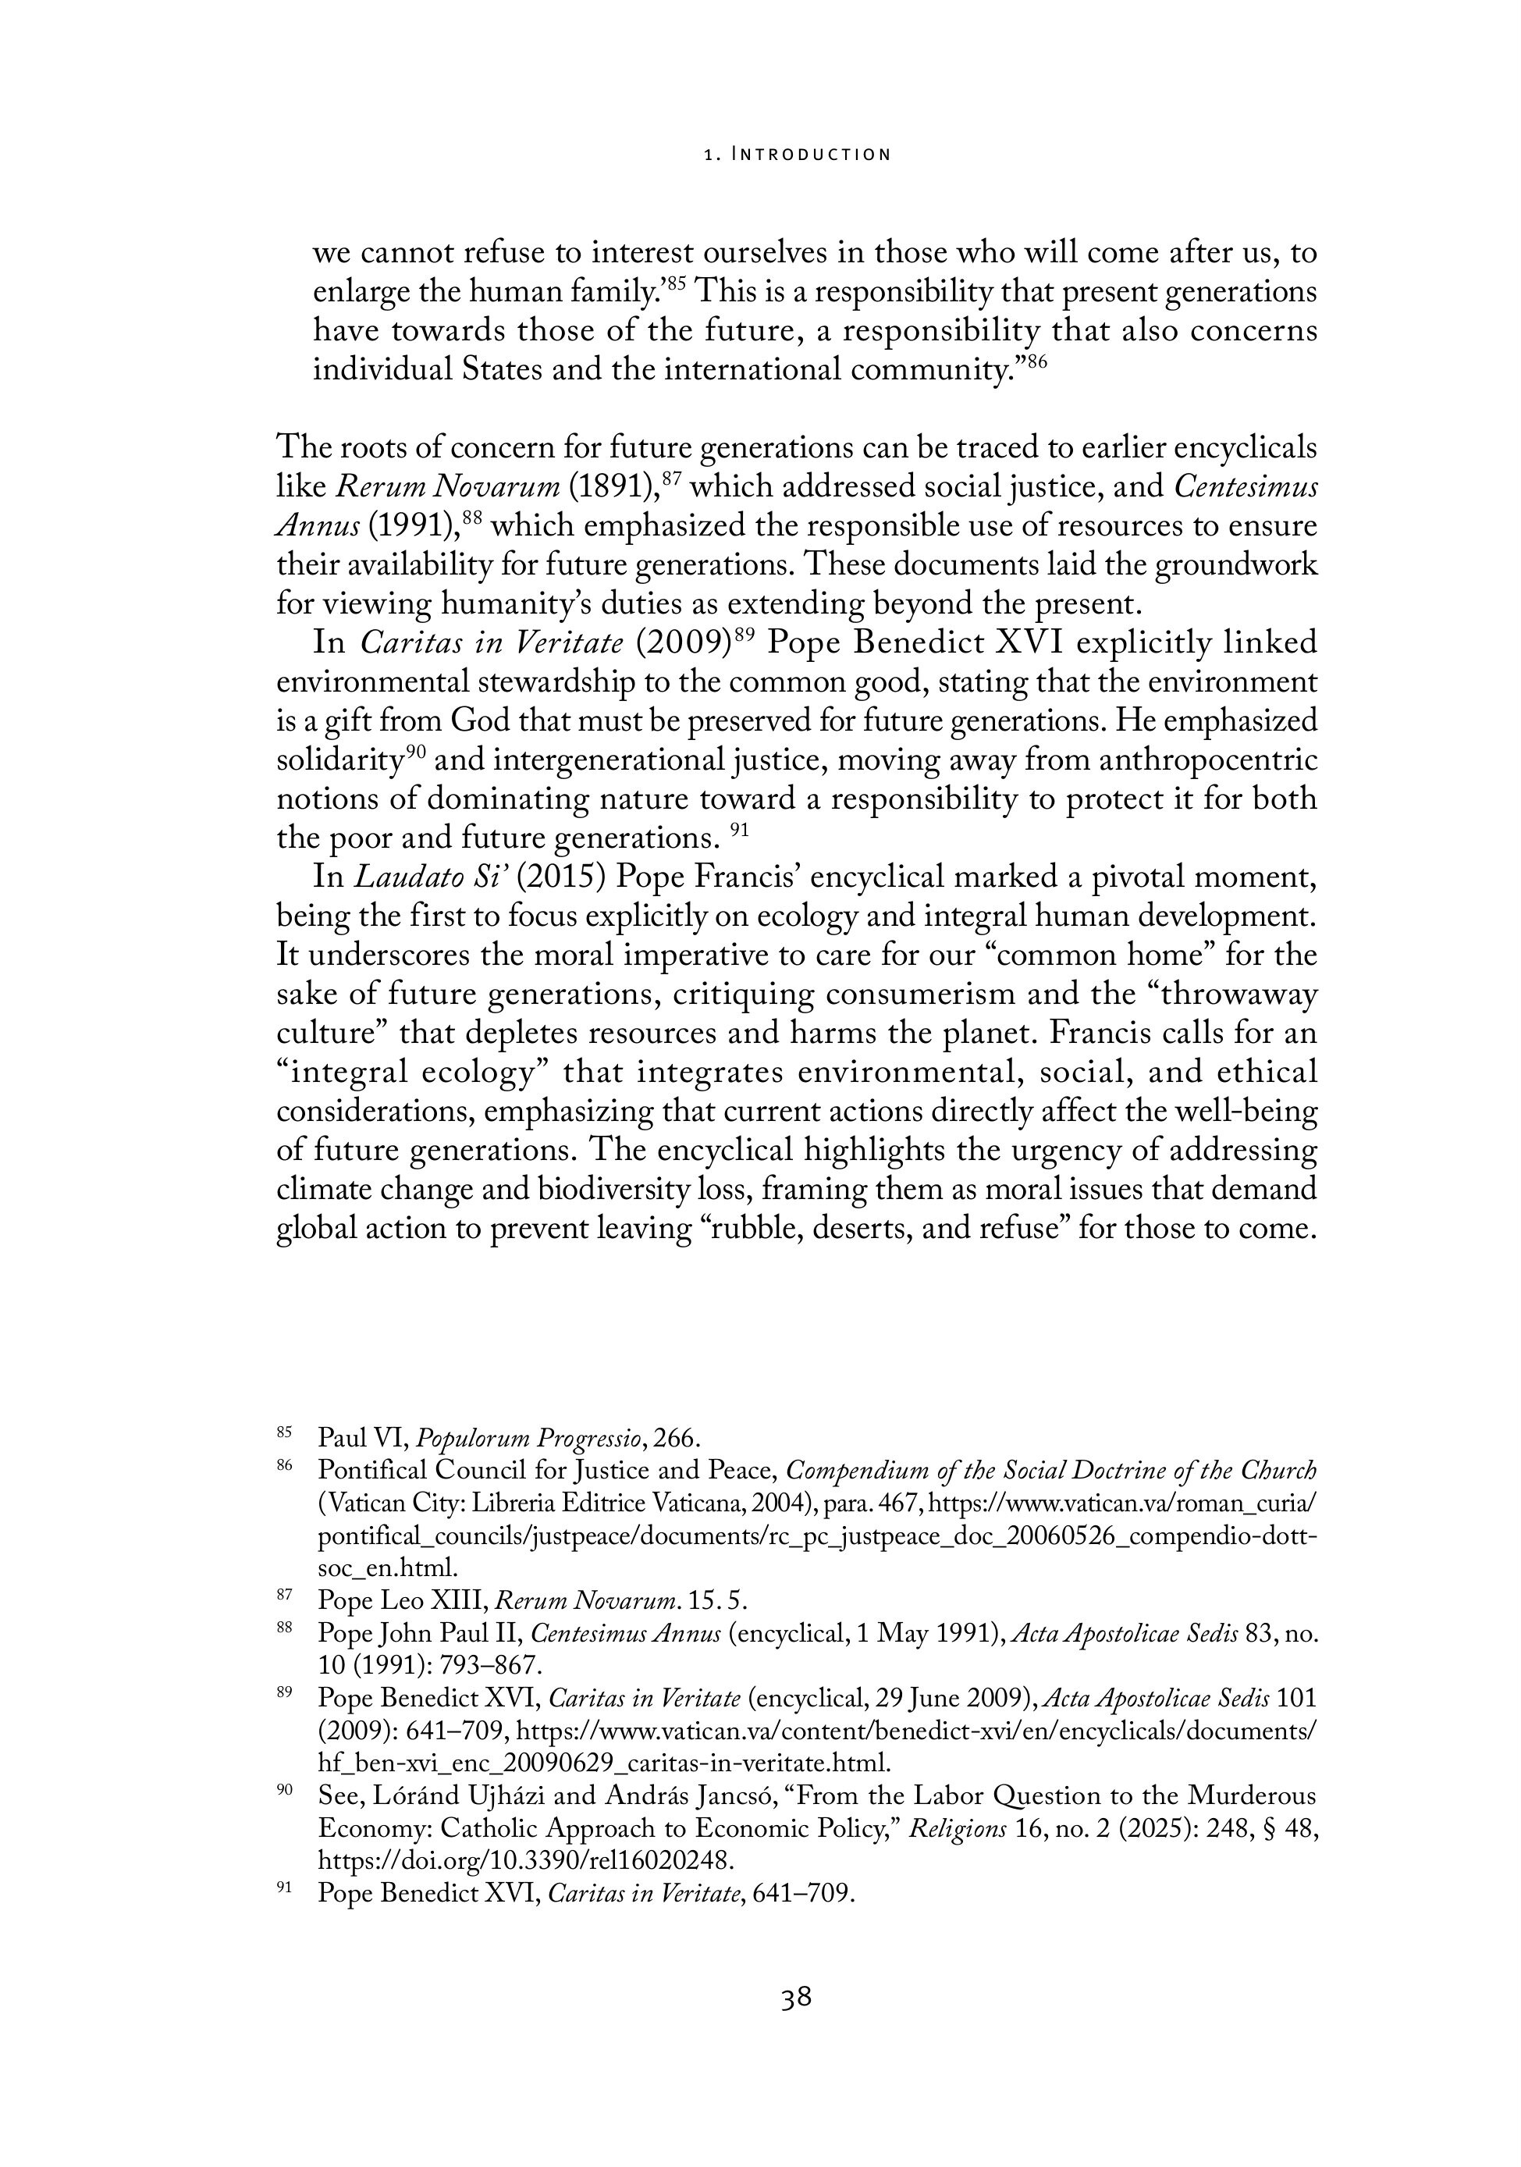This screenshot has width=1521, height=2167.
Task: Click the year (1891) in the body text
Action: click(614, 487)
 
